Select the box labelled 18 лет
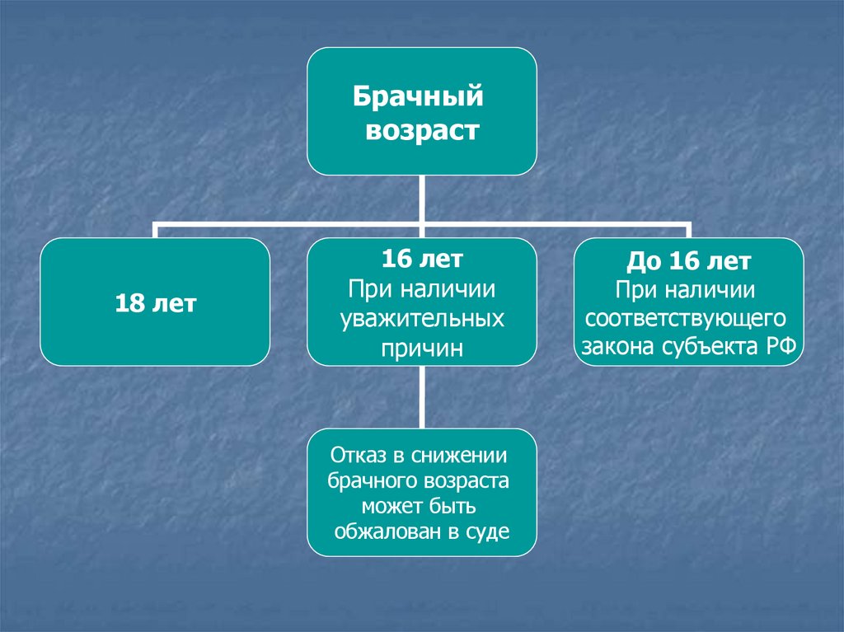point(155,302)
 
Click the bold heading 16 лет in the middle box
point(422,260)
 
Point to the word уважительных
point(422,319)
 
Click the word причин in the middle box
point(422,348)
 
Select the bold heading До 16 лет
point(689,262)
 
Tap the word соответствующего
point(689,317)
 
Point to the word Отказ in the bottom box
point(356,455)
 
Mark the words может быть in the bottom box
point(422,506)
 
